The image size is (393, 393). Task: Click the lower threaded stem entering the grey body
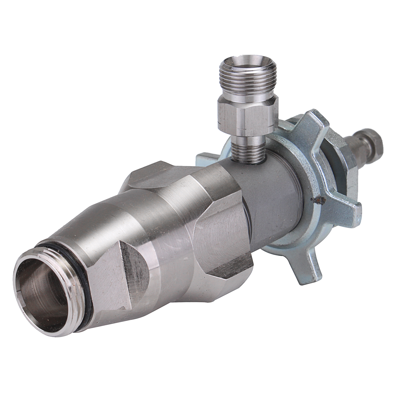point(247,149)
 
